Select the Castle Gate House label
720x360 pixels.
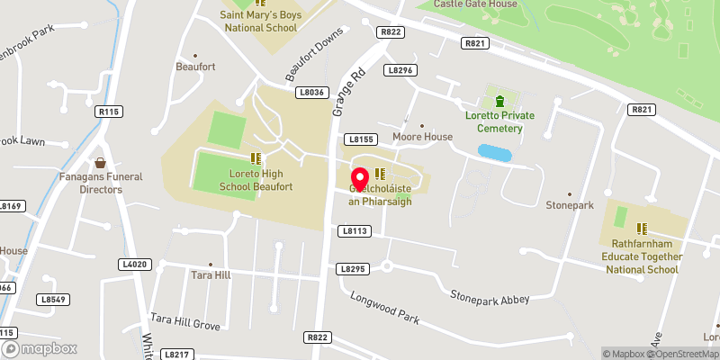(x=475, y=4)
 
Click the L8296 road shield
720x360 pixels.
(x=401, y=69)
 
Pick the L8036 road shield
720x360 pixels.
(x=311, y=92)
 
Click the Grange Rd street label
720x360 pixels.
(x=350, y=92)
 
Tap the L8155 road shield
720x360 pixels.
(x=360, y=139)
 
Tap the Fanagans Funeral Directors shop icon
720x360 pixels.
(x=101, y=163)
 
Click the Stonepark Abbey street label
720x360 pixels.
(x=490, y=298)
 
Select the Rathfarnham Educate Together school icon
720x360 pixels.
(x=643, y=229)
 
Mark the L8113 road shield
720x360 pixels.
(x=355, y=231)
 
